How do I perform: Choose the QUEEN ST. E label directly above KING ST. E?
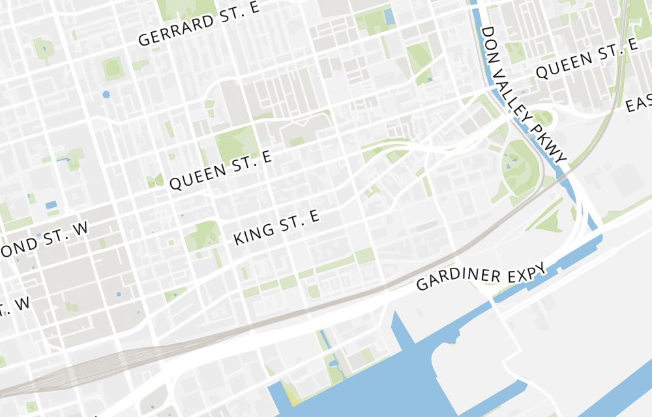tap(220, 173)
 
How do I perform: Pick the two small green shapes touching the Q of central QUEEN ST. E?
tap(155, 180)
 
